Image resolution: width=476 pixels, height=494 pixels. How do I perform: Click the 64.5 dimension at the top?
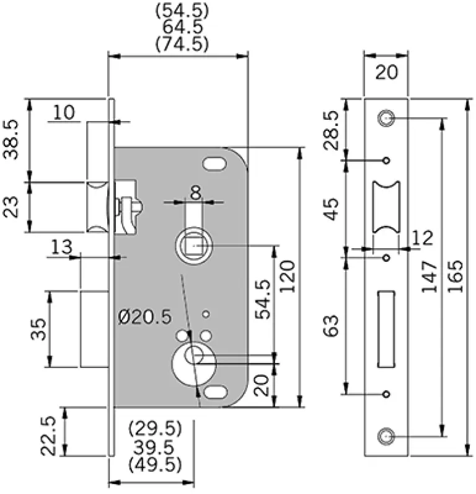coord(182,28)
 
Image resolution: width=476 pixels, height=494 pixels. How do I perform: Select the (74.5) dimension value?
coord(182,44)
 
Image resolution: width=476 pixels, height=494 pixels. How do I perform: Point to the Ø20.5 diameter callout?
coord(144,317)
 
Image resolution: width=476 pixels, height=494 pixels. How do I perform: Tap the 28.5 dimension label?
coord(333,130)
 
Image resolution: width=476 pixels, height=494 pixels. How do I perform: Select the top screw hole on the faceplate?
coord(386,117)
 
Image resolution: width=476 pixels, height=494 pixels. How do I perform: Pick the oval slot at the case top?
coord(214,164)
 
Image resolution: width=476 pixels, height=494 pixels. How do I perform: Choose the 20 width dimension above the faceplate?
coord(386,73)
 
